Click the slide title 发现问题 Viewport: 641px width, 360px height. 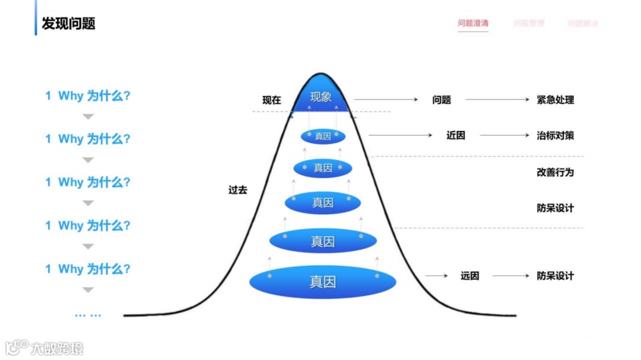coord(68,24)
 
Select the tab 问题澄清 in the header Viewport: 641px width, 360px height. coord(473,24)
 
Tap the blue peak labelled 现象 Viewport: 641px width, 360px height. coord(320,97)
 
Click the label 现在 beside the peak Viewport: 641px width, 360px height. coord(272,100)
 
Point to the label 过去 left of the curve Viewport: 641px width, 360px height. coord(237,190)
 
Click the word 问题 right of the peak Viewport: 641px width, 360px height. coord(442,100)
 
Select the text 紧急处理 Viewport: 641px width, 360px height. coord(555,100)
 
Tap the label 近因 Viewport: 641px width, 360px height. coord(456,136)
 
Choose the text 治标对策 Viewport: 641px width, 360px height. coord(555,136)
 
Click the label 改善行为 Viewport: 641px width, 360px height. coord(555,173)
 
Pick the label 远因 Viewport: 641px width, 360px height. coord(469,276)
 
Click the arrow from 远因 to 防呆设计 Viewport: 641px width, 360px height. coord(510,276)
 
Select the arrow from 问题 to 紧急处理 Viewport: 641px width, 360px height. coord(497,100)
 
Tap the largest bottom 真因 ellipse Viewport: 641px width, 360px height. coord(322,282)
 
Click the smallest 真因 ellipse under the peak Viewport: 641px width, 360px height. coord(323,136)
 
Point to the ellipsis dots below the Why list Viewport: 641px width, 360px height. coord(88,315)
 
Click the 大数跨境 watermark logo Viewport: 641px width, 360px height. coord(45,348)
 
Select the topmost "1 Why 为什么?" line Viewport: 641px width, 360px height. coord(88,95)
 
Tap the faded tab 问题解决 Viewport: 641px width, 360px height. coord(583,24)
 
